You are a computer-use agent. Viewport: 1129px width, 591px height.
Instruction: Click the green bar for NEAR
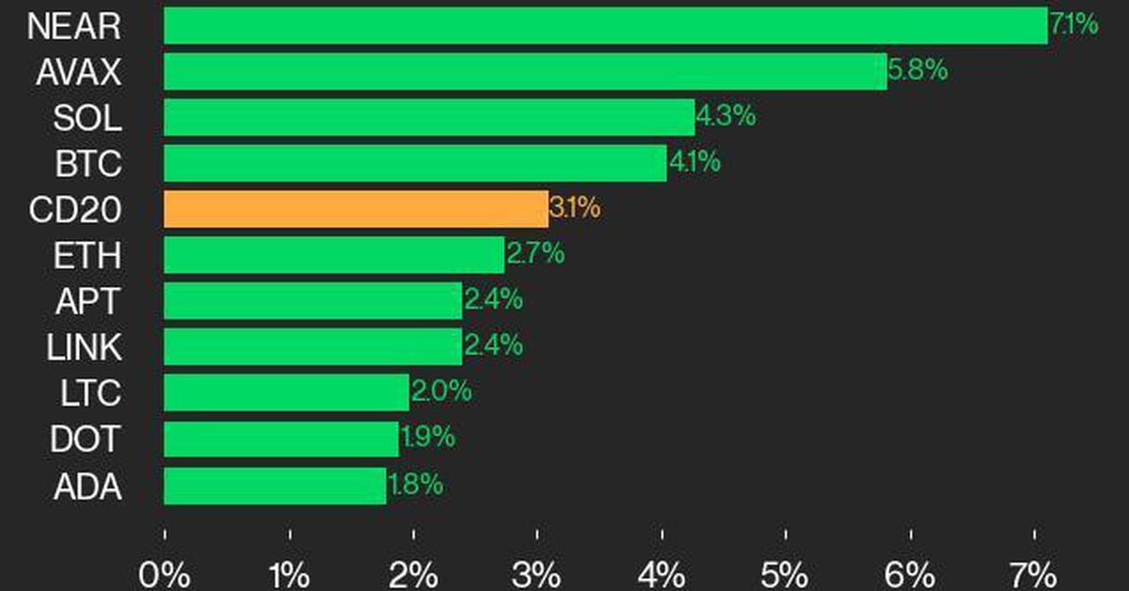pyautogui.click(x=605, y=25)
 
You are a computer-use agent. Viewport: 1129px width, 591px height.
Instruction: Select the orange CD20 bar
pyautogui.click(x=356, y=209)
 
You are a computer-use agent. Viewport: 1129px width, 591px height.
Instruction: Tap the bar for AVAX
pyautogui.click(x=525, y=72)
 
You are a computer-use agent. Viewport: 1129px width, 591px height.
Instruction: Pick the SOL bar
pyautogui.click(x=429, y=118)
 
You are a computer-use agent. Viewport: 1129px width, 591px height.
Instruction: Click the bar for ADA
pyautogui.click(x=275, y=487)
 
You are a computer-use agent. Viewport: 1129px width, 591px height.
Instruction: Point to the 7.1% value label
pyautogui.click(x=1073, y=24)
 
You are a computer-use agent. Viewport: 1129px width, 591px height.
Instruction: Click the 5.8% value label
pyautogui.click(x=917, y=71)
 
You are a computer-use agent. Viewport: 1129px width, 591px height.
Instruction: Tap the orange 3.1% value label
pyautogui.click(x=574, y=209)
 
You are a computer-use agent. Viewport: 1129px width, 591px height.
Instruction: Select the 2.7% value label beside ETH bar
pyautogui.click(x=535, y=254)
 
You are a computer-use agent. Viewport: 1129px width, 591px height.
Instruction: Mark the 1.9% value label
pyautogui.click(x=427, y=439)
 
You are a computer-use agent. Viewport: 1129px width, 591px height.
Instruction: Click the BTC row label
pyautogui.click(x=87, y=164)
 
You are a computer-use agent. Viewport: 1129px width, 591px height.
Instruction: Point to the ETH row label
pyautogui.click(x=88, y=256)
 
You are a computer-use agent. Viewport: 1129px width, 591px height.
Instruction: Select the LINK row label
pyautogui.click(x=84, y=348)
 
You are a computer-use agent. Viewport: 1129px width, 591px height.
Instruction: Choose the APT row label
pyautogui.click(x=88, y=302)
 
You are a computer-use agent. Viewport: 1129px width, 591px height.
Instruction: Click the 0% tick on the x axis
pyautogui.click(x=165, y=572)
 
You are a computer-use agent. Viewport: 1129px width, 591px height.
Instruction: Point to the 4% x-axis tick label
pyautogui.click(x=662, y=572)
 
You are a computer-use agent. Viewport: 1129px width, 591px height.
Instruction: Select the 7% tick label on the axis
pyautogui.click(x=1034, y=572)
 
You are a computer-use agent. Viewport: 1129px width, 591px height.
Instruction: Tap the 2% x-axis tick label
pyautogui.click(x=414, y=572)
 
